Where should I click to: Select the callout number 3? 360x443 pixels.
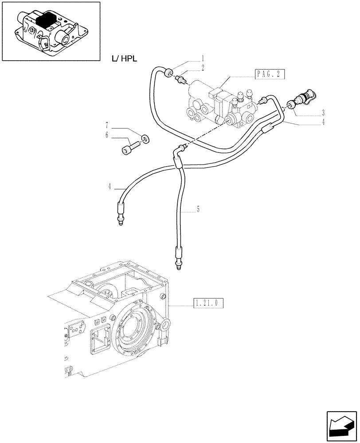point(323,112)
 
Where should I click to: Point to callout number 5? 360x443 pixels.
point(198,209)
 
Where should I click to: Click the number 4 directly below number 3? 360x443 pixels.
point(323,122)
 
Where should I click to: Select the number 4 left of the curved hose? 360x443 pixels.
point(109,187)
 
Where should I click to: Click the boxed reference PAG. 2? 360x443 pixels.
point(270,74)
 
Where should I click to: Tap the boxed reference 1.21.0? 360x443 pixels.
point(207,303)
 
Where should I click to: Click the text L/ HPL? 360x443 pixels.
point(121,58)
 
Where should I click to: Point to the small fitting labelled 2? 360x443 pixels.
point(181,80)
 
